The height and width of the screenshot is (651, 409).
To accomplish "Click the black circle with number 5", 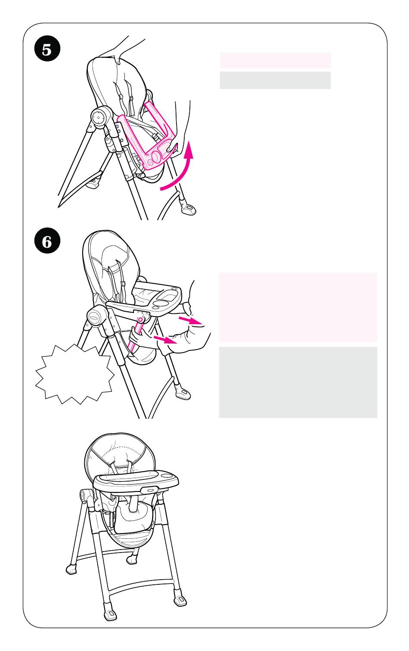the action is tap(47, 48).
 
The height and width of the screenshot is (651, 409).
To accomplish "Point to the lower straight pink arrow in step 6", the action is tap(165, 339).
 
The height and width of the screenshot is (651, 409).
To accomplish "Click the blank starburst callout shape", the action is tap(74, 374).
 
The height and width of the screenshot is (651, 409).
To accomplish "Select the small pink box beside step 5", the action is tap(275, 61).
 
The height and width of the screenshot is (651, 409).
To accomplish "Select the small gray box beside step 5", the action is tap(275, 80).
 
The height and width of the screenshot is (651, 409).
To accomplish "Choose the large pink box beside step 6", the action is tap(298, 307).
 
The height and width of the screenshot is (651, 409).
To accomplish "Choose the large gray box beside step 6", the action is tap(298, 382).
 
